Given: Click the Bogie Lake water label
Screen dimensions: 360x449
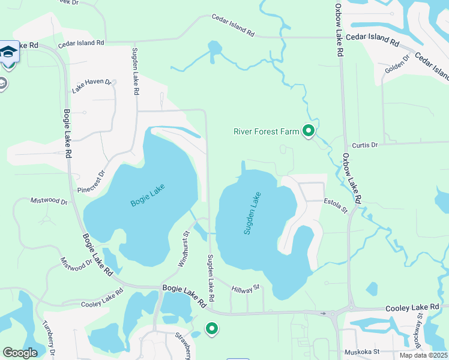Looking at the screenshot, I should (x=147, y=196).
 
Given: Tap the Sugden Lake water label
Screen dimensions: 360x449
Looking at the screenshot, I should (x=252, y=212).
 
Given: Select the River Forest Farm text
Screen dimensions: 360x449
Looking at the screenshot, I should (x=265, y=131).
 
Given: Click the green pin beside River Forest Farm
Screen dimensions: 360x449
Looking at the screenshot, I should (x=309, y=130).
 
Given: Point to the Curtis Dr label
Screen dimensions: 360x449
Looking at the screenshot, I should (x=365, y=145).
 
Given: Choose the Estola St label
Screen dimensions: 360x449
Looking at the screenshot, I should (x=336, y=205).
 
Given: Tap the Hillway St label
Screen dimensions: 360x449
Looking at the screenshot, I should (x=245, y=289).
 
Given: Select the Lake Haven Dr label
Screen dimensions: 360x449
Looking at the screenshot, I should (x=91, y=86).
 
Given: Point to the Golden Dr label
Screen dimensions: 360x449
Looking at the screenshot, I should (x=397, y=65).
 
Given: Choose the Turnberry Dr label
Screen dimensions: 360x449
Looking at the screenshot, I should (x=50, y=337).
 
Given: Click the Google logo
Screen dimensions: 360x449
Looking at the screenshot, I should (x=20, y=353).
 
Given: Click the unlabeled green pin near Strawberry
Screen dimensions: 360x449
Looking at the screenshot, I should (x=211, y=328).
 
